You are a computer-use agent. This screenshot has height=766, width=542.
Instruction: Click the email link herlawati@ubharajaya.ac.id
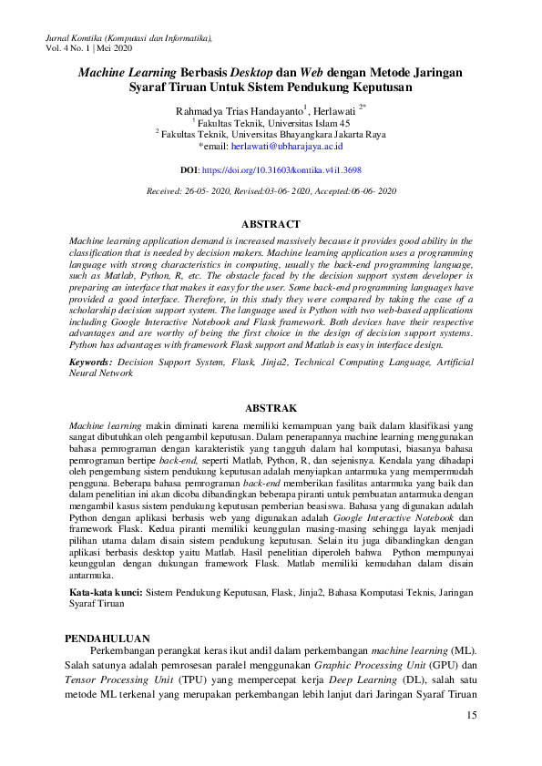(x=286, y=145)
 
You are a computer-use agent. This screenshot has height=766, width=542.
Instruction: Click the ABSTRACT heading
(x=271, y=223)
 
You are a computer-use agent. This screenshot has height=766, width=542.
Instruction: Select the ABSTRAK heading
(x=271, y=409)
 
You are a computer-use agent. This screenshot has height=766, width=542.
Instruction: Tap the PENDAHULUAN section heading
(x=113, y=638)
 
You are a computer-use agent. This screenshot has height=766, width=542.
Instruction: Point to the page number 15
(x=471, y=715)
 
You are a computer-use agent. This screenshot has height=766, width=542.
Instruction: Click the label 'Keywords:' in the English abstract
(x=91, y=362)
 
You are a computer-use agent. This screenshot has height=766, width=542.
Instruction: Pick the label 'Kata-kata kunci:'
(x=106, y=592)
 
